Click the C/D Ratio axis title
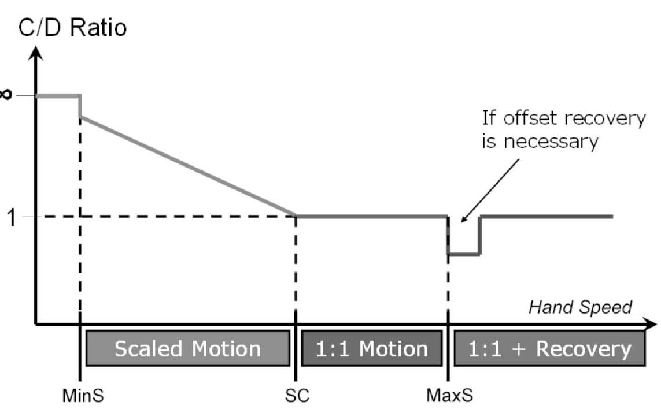72,27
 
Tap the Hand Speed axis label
580,307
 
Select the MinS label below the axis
79,397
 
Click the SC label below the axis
297,397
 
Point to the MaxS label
449,397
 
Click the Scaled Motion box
187,349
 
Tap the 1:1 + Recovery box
549,349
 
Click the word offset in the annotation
532,119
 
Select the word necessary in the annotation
549,142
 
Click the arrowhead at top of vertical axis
36,53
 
